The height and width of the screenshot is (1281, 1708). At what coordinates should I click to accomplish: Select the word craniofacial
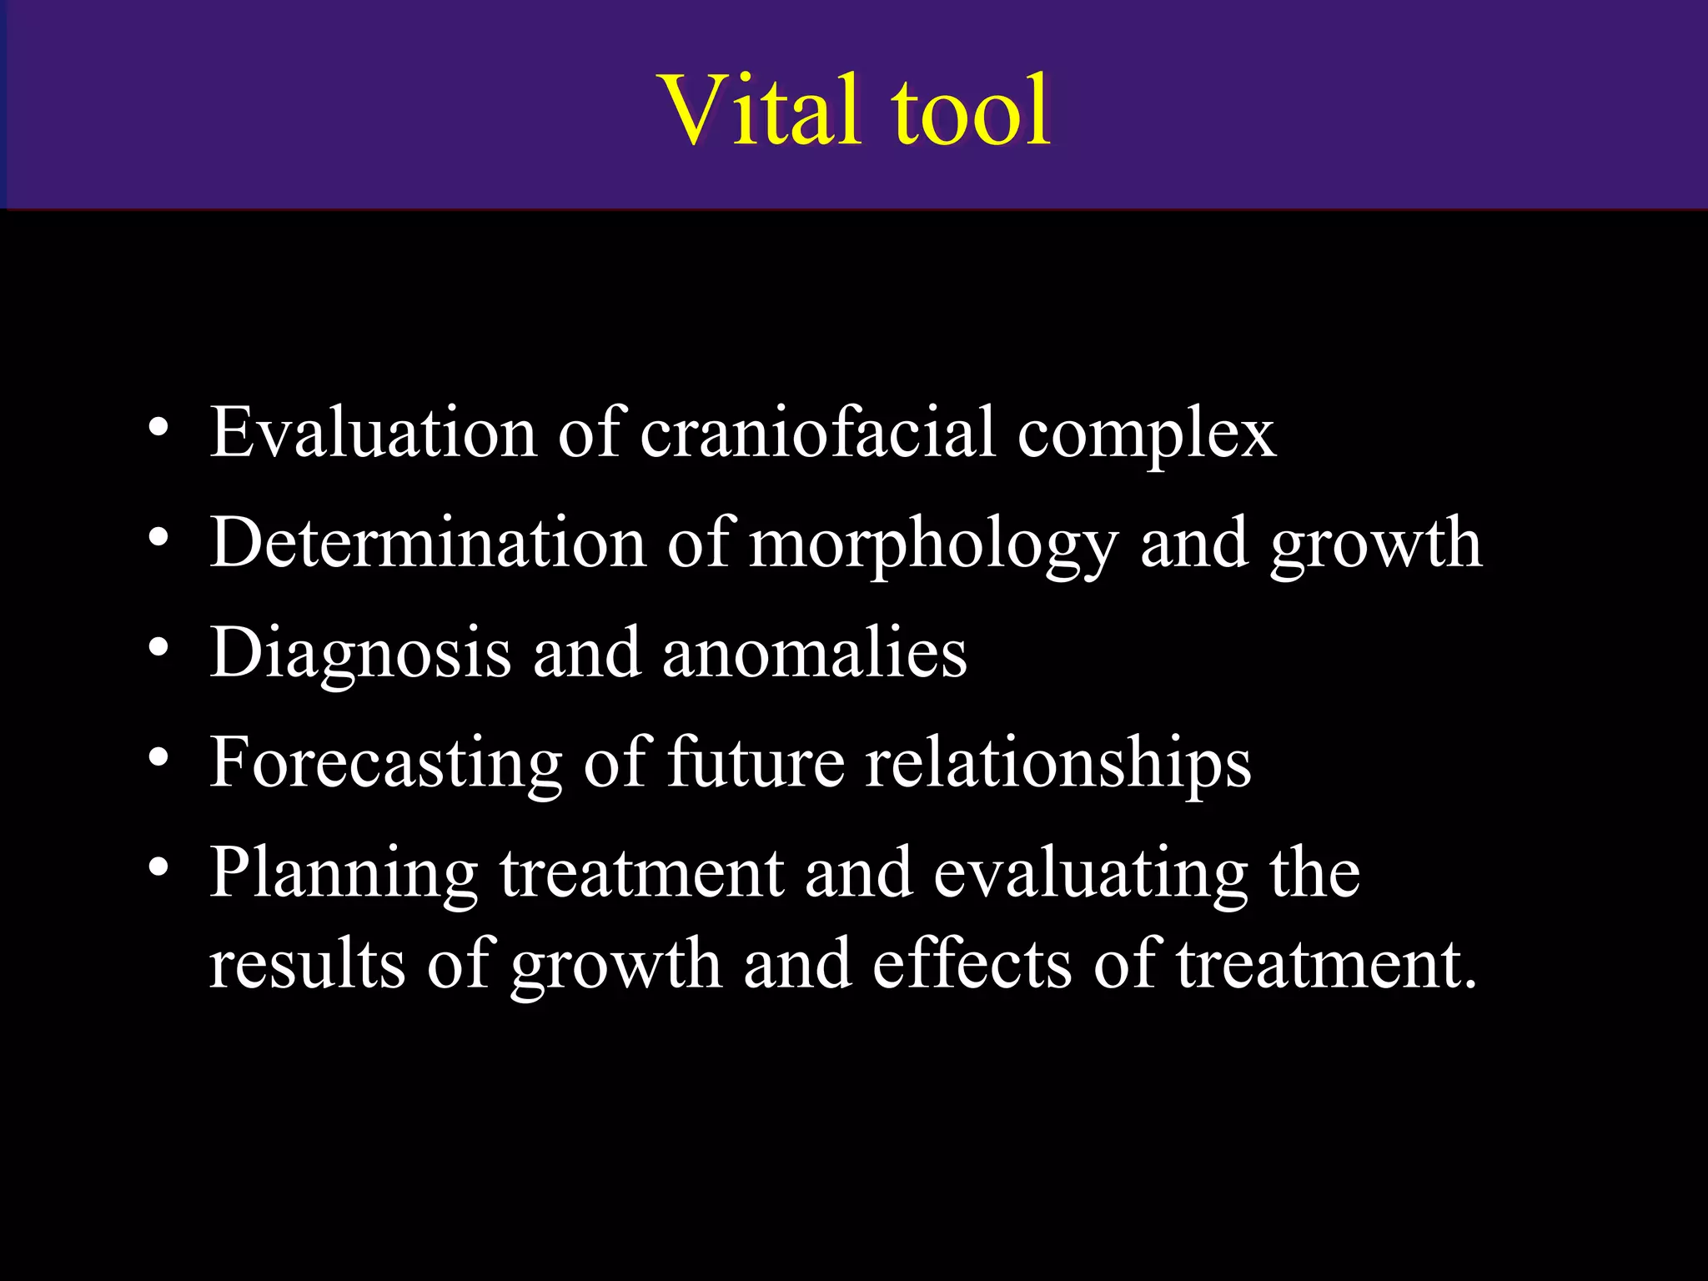tap(817, 432)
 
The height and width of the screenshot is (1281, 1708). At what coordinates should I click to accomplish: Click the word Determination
tap(428, 542)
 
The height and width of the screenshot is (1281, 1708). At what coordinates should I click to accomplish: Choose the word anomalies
tap(814, 652)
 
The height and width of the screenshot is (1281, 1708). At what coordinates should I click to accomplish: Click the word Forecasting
tap(386, 763)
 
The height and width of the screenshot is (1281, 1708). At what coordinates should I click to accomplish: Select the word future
tap(756, 761)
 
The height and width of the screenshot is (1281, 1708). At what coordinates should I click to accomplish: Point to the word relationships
tap(1057, 763)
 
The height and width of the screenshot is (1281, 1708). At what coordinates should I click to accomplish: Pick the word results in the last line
tap(307, 964)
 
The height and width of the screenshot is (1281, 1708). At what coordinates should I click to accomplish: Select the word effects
tap(972, 964)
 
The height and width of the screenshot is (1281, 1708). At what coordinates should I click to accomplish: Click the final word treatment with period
tap(1327, 964)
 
